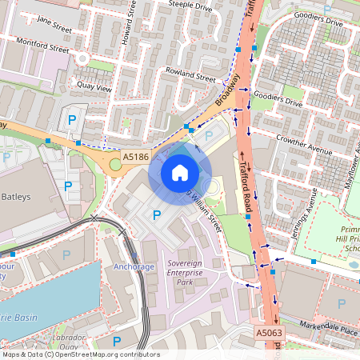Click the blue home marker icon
tap(180, 173)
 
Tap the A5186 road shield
tap(136, 158)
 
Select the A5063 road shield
tap(268, 331)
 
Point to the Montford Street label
tap(49, 48)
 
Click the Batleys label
tap(16, 196)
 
